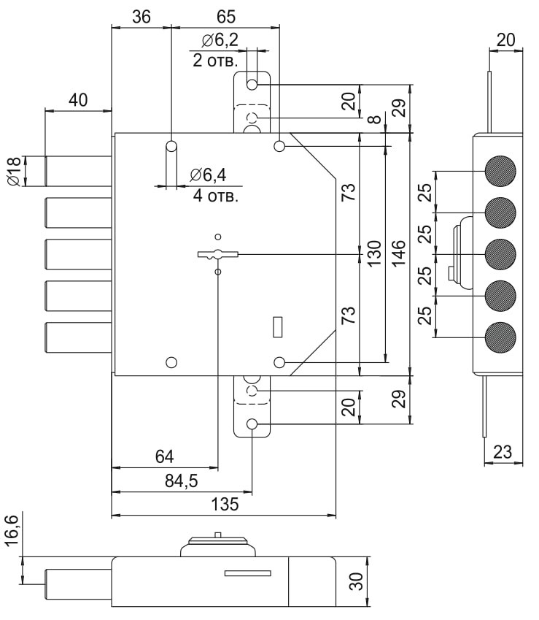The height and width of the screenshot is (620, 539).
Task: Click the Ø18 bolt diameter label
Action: click(13, 171)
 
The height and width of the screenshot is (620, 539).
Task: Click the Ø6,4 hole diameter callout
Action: click(208, 175)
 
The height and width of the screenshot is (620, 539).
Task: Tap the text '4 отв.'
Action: click(217, 196)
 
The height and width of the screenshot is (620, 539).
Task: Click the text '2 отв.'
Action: click(215, 61)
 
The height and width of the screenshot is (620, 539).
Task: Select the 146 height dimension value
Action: click(399, 254)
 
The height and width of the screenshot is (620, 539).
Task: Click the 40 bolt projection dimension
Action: click(78, 100)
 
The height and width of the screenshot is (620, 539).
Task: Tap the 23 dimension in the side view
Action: click(503, 453)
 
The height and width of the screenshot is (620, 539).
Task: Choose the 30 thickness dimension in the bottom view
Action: click(357, 582)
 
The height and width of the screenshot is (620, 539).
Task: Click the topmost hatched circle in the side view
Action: click(500, 171)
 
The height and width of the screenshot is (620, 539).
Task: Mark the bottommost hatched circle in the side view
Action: click(500, 337)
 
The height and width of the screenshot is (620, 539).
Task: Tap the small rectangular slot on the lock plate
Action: click(277, 327)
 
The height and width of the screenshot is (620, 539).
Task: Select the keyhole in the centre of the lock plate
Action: click(217, 254)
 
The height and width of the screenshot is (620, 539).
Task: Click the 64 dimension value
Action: click(164, 457)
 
